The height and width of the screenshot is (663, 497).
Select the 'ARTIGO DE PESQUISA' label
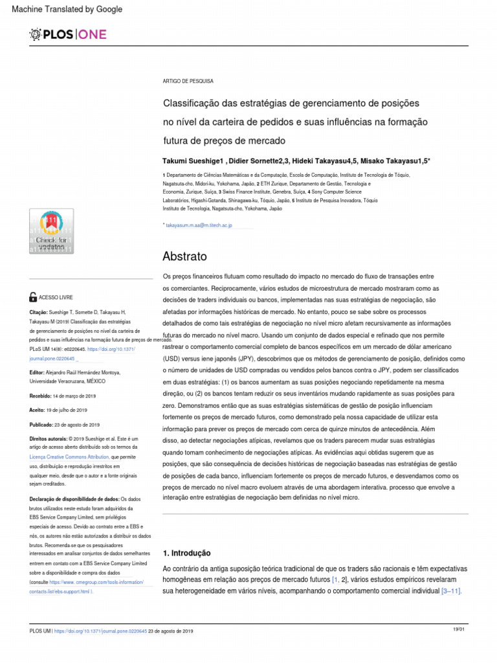188,81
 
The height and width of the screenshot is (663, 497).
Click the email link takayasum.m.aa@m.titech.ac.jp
199,225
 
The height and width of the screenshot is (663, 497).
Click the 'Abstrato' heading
185,255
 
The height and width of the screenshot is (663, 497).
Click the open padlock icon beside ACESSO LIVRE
34,297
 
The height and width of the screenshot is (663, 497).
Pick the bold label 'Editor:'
38,373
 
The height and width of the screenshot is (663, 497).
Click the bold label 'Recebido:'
42,396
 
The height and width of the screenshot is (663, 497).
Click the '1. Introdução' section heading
186,553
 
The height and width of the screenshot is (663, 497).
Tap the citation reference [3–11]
451,591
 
